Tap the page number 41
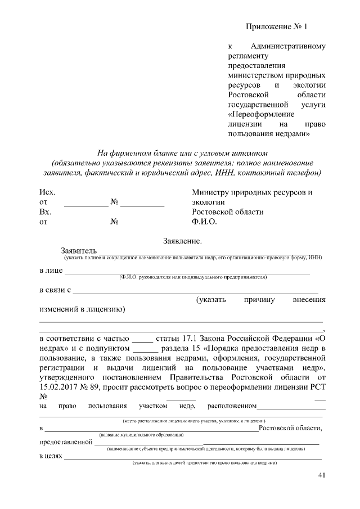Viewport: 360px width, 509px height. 322,476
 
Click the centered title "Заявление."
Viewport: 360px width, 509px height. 182,241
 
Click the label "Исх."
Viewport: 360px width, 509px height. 47,192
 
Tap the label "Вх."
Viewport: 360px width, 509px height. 46,212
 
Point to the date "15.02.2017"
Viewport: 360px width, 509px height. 59,387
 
